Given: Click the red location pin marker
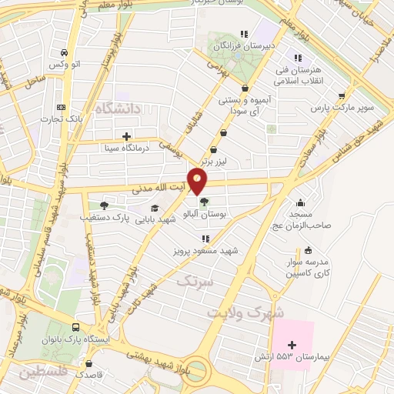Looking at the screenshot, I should point(219,182).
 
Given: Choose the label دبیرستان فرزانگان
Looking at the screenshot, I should point(227,46).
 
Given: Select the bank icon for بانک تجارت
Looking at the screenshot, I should point(61,106).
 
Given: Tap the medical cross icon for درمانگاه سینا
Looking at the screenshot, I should point(126,136).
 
